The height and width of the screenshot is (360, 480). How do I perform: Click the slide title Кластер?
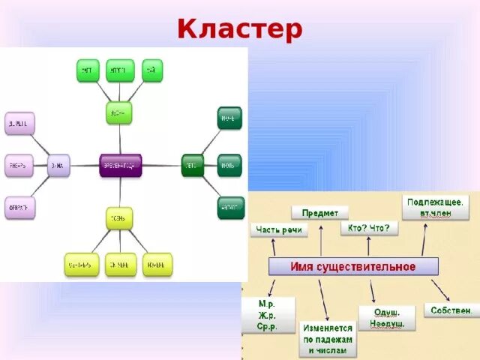(x=240, y=29)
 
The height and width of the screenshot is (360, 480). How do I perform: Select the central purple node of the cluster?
(x=121, y=165)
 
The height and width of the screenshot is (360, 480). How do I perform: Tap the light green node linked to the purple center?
(x=118, y=112)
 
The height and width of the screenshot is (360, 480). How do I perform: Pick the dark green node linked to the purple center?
(x=192, y=165)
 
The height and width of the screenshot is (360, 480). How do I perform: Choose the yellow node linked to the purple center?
(x=119, y=217)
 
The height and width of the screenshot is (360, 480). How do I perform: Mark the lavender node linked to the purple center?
(x=58, y=165)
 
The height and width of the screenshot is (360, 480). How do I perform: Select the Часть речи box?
(x=279, y=229)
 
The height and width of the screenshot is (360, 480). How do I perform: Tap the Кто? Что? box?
(x=370, y=228)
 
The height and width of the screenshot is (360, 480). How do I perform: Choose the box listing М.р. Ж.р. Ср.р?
(x=268, y=314)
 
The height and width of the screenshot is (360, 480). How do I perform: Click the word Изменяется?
(x=328, y=328)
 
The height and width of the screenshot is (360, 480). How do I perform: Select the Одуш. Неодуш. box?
(x=386, y=317)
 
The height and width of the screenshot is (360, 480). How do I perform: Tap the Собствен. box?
(x=451, y=310)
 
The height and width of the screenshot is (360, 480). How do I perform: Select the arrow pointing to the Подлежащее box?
(x=424, y=239)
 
